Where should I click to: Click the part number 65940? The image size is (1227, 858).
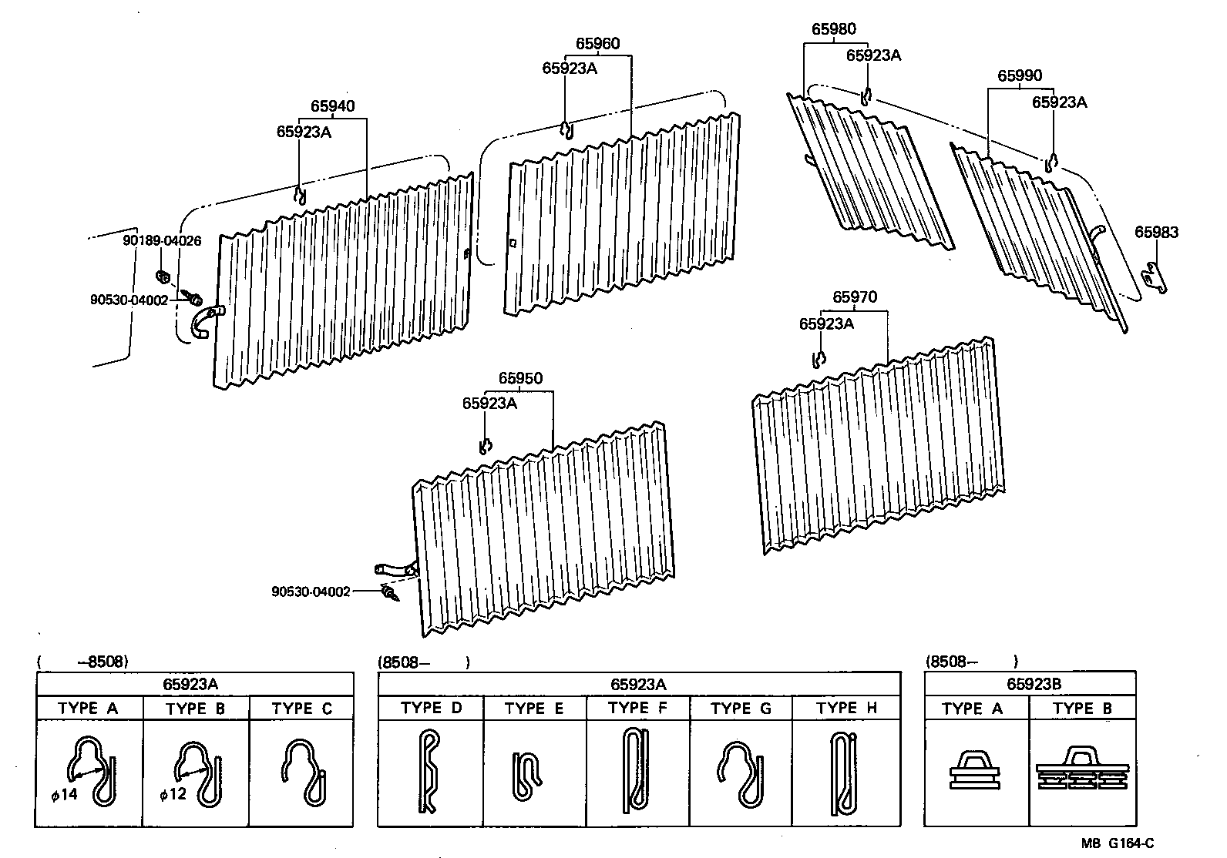[332, 106]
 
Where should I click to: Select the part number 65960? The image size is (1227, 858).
[597, 44]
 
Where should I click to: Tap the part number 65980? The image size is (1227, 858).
[833, 30]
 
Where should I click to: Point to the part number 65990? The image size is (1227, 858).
[1020, 75]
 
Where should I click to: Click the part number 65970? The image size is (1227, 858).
[855, 297]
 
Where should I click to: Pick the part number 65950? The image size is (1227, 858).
[520, 378]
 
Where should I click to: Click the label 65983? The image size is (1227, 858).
[1156, 233]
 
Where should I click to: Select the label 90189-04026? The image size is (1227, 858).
[162, 241]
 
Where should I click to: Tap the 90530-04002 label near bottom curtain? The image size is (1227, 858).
[311, 592]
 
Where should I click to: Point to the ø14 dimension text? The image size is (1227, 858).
[65, 794]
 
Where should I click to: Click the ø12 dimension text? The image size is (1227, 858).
[173, 794]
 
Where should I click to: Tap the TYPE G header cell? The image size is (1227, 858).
[741, 709]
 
